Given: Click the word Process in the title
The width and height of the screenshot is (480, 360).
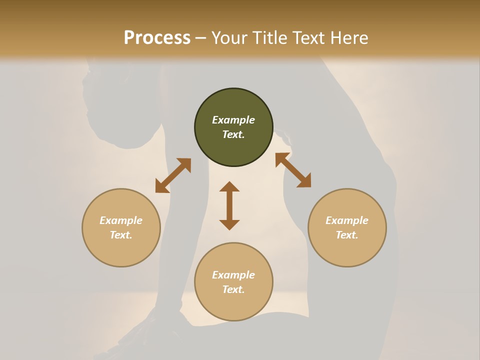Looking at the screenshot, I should click(157, 38).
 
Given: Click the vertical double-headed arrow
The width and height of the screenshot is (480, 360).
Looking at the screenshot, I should click(229, 205).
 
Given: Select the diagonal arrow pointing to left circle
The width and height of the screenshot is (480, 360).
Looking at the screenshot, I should click(173, 175).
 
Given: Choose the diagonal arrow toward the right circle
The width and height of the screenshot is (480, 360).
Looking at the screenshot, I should click(293, 170).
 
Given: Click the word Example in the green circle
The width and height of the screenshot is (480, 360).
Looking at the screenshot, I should click(233, 120).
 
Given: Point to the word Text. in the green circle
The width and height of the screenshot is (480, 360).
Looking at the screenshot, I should click(233, 134).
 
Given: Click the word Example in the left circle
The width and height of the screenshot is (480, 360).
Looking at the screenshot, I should click(121, 220).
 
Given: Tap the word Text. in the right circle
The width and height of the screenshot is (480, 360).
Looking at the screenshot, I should click(347, 235).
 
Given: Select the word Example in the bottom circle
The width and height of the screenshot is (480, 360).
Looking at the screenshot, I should click(233, 275).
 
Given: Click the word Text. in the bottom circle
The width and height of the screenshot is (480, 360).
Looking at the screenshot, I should click(233, 289).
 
